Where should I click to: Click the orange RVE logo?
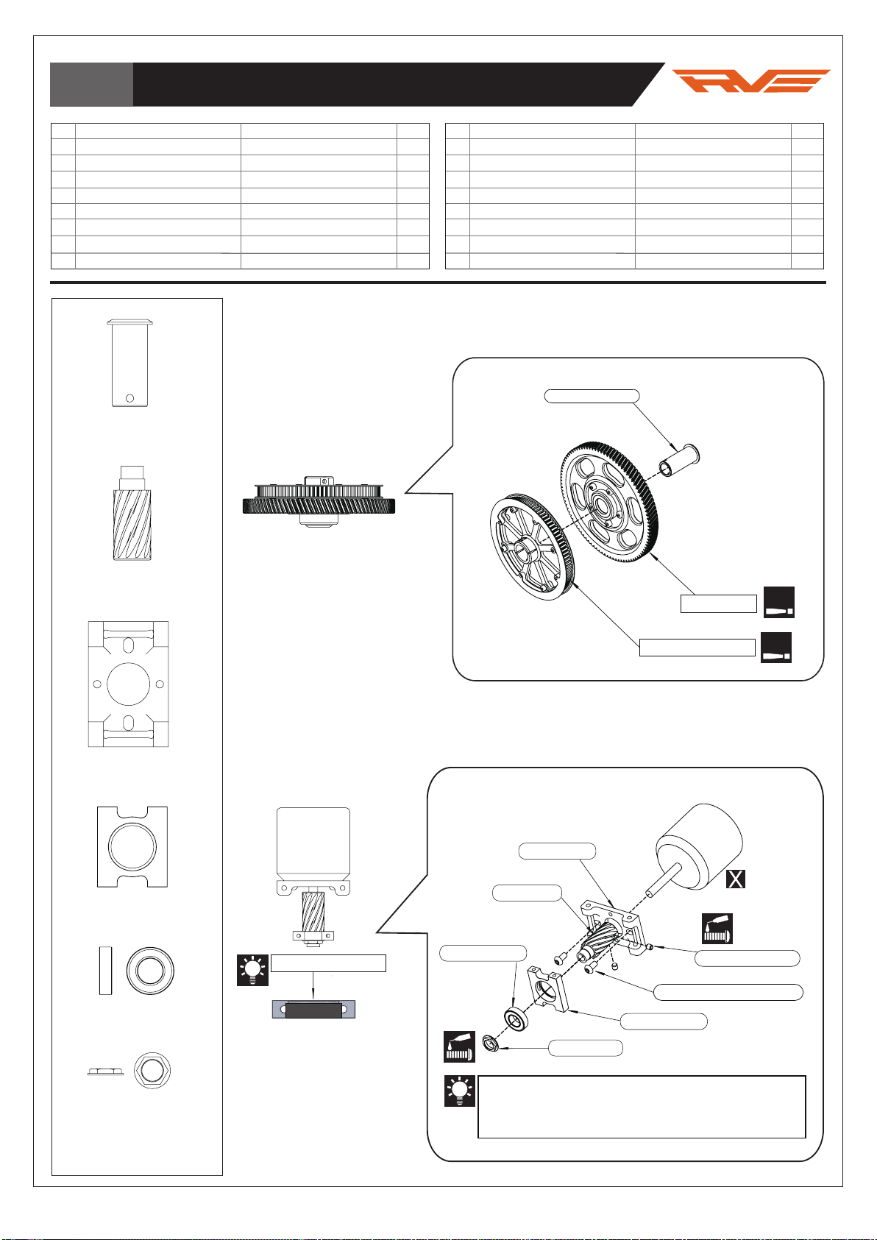[750, 81]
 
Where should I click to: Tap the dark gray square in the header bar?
[91, 84]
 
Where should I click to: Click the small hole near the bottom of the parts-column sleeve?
[129, 398]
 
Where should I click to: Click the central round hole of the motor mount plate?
[128, 684]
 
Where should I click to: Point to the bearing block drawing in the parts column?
[132, 846]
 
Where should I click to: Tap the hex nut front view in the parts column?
[152, 1071]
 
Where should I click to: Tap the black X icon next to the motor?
[736, 879]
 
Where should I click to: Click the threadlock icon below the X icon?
[717, 928]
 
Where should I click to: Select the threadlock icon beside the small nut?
[459, 1046]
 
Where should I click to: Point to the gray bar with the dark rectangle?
[313, 1010]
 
